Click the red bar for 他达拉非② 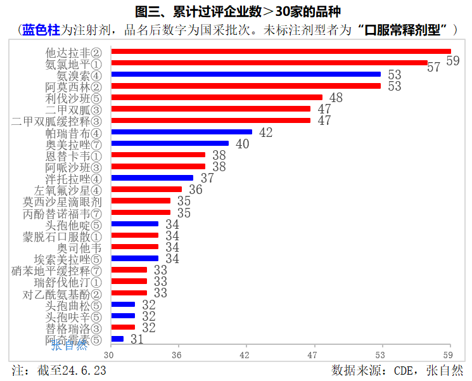coord(281,51)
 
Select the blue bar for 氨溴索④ coord(246,74)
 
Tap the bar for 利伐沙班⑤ coord(217,98)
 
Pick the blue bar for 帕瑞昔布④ coord(181,132)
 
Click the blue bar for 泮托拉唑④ coord(152,178)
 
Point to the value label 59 coord(452,61)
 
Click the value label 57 coord(434,67)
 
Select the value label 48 coord(336,98)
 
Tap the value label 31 coord(137,339)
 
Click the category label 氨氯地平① coord(73,63)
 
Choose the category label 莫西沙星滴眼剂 coord(62,202)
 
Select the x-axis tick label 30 coord(112,355)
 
